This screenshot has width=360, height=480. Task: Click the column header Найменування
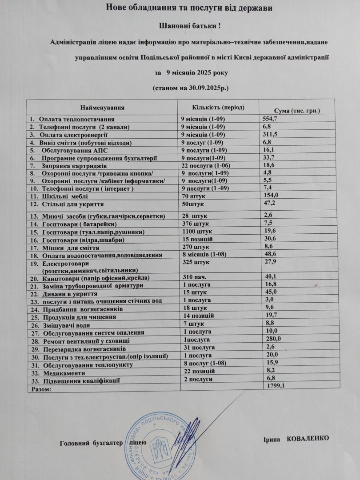[103, 108]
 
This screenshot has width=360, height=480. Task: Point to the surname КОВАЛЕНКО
[308, 438]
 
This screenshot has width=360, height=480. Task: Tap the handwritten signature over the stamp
[183, 431]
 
